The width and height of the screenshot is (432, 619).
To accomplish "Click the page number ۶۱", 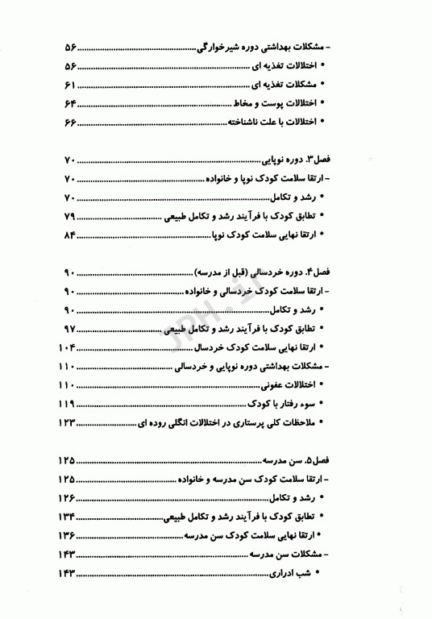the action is (x=69, y=85).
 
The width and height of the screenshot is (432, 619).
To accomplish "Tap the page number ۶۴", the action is (x=69, y=103).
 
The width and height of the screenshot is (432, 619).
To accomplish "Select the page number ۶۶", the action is (x=69, y=122).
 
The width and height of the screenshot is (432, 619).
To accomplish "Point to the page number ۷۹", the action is (x=69, y=217).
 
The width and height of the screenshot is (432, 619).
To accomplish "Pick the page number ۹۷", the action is (x=69, y=329).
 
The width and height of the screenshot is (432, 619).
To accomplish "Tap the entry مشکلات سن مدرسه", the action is (x=302, y=555).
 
